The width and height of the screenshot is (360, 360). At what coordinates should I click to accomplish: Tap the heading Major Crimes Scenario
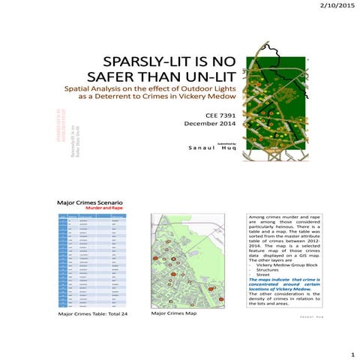click(91, 203)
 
